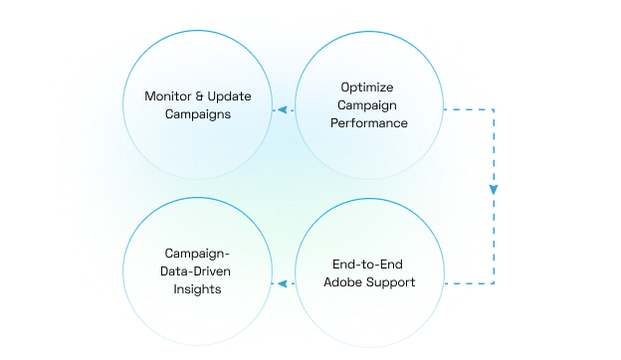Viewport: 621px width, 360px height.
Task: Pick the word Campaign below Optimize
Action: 367,106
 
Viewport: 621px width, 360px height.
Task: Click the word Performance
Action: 367,123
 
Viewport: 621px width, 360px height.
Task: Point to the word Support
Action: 390,281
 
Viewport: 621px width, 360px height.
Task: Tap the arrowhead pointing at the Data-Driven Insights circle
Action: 281,283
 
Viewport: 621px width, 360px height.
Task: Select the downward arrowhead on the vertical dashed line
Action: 494,188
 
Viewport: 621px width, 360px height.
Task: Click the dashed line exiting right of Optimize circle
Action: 468,109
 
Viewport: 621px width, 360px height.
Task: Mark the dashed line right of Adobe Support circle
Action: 468,283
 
